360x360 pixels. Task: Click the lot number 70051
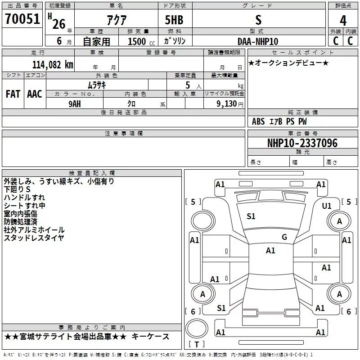coord(22,19)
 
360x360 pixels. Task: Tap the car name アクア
coord(116,20)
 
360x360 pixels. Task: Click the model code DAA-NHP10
coord(258,41)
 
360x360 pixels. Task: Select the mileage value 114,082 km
coord(52,64)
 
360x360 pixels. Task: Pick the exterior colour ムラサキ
coord(96,85)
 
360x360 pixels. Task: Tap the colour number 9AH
coord(75,103)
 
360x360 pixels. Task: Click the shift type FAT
coord(13,94)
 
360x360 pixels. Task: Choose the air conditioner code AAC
coord(35,94)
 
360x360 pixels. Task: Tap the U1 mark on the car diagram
coord(327,206)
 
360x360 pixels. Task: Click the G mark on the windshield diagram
coord(284,237)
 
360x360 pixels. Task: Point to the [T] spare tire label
coord(196,345)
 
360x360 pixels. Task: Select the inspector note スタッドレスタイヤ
coord(34,238)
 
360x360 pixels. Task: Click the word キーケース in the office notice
coord(153,337)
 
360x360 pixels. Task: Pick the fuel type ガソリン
coord(175,41)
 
